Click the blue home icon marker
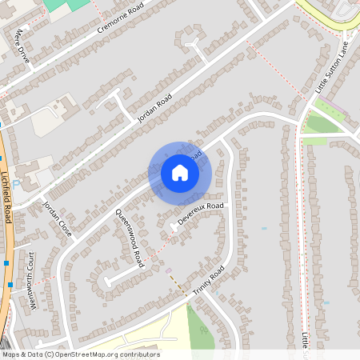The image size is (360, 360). point(180,173)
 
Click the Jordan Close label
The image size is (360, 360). point(58,218)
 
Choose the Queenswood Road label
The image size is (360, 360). point(130,237)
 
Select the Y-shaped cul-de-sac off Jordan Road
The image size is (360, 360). point(192,40)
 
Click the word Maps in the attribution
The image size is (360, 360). point(11,354)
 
